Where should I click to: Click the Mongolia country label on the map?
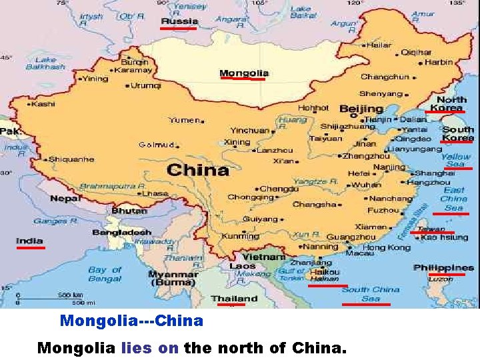click(244, 73)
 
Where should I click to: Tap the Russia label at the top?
click(179, 21)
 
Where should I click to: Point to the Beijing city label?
click(361, 109)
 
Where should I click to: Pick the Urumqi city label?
click(145, 85)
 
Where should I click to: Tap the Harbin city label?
click(438, 61)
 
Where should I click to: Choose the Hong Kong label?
click(387, 247)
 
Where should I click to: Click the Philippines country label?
click(443, 267)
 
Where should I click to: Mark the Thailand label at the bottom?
click(234, 298)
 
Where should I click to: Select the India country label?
click(29, 241)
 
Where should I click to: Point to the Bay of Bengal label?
click(105, 274)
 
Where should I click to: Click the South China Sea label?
click(371, 294)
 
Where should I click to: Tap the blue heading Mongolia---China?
click(131, 321)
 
